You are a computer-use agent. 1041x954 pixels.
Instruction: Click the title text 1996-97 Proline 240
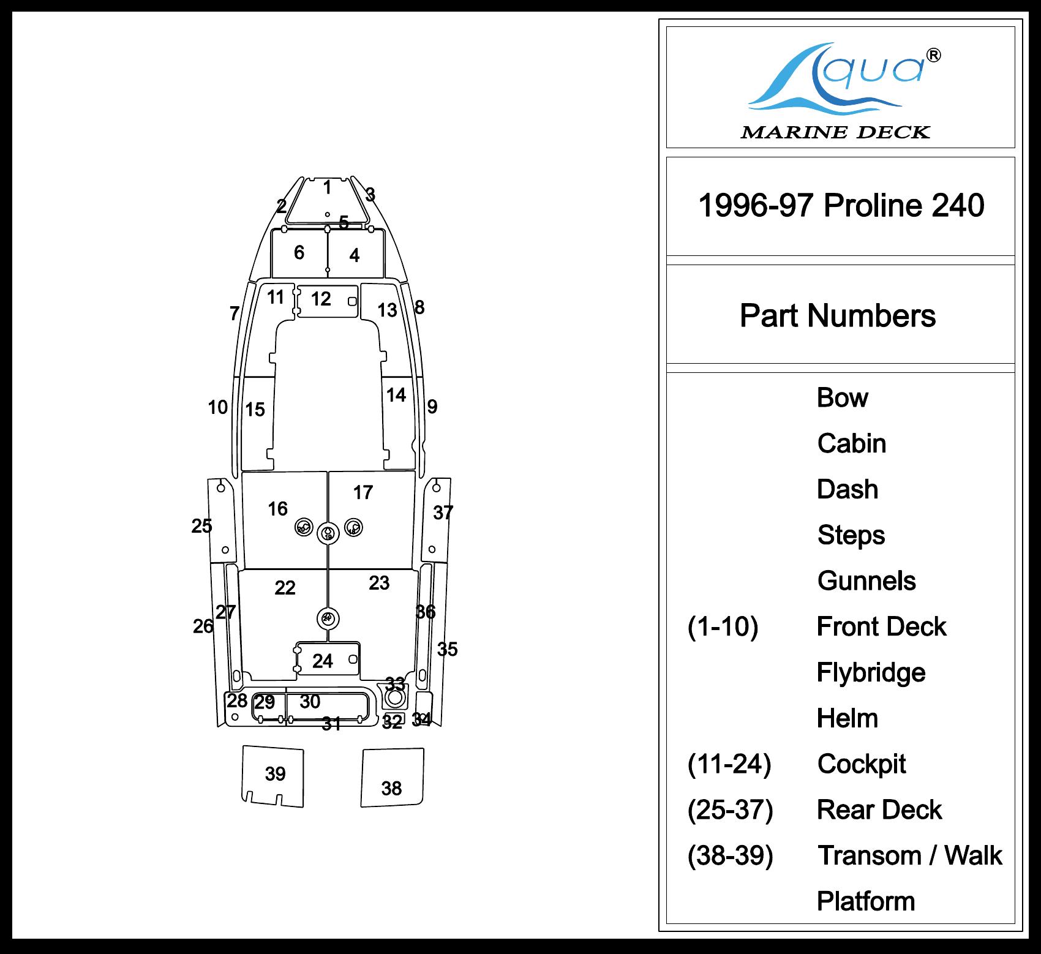(x=841, y=205)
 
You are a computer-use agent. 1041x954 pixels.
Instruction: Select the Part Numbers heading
(x=837, y=315)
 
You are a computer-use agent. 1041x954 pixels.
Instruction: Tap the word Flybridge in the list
(x=870, y=672)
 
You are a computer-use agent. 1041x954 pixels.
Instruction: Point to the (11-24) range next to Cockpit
(x=729, y=764)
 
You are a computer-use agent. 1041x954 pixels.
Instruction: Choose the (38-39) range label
(x=730, y=855)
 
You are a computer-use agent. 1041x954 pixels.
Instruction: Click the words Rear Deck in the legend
(x=879, y=809)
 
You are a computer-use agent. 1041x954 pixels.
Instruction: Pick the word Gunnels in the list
(x=866, y=580)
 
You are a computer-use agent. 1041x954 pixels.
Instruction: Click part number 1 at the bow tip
(x=328, y=187)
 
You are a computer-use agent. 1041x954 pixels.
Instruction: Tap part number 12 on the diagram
(x=321, y=299)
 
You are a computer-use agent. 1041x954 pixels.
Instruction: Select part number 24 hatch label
(x=323, y=661)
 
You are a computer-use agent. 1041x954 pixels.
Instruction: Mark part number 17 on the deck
(x=363, y=492)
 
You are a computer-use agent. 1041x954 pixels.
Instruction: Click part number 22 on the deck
(x=285, y=588)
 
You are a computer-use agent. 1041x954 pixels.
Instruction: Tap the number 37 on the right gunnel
(x=443, y=513)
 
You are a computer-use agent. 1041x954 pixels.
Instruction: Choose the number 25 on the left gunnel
(x=201, y=526)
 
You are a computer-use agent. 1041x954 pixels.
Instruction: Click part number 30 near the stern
(x=310, y=702)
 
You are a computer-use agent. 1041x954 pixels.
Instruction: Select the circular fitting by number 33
(x=395, y=697)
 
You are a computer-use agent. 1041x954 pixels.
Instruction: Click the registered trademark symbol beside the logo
(x=934, y=56)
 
